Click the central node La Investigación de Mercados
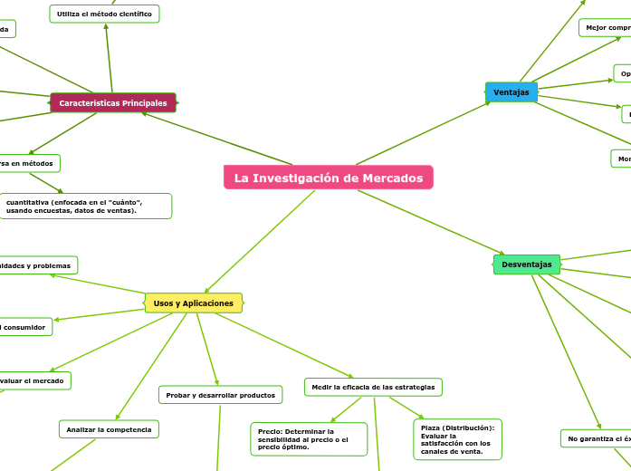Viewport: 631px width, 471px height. pos(329,178)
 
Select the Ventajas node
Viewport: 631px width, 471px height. pos(511,92)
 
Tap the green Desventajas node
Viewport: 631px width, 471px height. pos(527,264)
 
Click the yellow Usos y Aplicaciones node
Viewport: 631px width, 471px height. pos(193,303)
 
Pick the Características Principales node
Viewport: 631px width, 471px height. pos(113,103)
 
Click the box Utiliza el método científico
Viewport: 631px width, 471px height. pos(104,14)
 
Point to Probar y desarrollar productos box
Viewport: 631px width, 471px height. pos(221,395)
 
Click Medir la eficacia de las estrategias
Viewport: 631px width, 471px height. pos(373,387)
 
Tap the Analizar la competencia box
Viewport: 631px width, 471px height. pos(109,428)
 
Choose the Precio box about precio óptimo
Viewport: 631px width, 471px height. pos(309,438)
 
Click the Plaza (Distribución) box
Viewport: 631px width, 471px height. pos(457,438)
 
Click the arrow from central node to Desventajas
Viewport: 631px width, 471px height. pos(431,223)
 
